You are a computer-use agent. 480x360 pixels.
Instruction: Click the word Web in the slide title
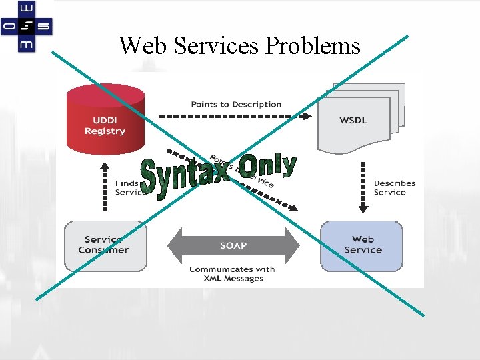(x=142, y=45)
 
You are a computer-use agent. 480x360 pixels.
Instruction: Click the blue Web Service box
(x=363, y=245)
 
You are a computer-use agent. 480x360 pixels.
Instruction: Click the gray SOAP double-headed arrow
(x=233, y=245)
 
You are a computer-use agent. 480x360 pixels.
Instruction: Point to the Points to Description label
(x=236, y=104)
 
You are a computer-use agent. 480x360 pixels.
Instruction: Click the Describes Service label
(x=394, y=187)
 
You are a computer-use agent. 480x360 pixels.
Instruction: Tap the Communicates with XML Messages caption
(x=231, y=274)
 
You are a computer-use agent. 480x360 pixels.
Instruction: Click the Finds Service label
(x=127, y=187)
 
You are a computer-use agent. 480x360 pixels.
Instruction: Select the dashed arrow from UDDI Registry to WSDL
(x=233, y=116)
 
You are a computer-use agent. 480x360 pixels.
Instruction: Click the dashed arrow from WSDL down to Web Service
(x=363, y=187)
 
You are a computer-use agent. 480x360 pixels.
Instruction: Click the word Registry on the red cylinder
(x=105, y=131)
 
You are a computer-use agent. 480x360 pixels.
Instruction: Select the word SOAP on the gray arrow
(x=233, y=245)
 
